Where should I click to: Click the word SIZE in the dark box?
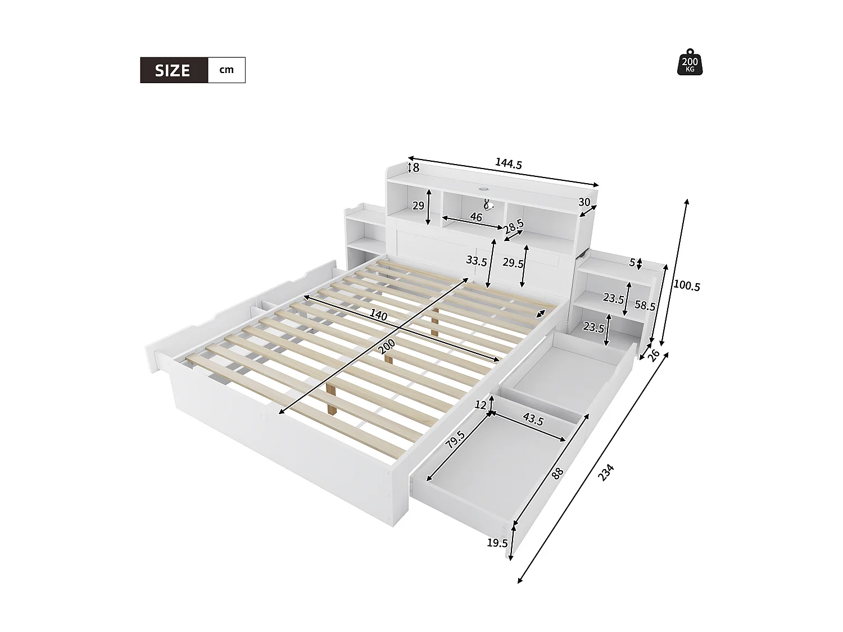tap(173, 70)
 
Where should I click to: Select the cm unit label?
tap(226, 70)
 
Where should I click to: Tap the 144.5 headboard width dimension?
tap(508, 163)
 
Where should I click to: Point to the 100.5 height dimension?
tap(686, 286)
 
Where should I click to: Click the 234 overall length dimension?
tap(606, 472)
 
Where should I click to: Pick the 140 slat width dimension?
tap(379, 316)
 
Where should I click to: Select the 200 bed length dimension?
tap(387, 347)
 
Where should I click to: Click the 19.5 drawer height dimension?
tap(497, 543)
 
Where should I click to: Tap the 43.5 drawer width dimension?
tap(533, 419)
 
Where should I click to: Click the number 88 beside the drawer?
tap(557, 473)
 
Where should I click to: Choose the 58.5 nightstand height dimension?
tap(645, 306)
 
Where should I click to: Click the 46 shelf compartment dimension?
tap(476, 217)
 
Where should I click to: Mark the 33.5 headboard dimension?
tap(476, 261)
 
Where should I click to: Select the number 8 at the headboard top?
tap(416, 167)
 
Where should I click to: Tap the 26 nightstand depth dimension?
tap(654, 355)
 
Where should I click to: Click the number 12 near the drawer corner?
tap(480, 404)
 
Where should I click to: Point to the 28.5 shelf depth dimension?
tap(514, 227)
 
